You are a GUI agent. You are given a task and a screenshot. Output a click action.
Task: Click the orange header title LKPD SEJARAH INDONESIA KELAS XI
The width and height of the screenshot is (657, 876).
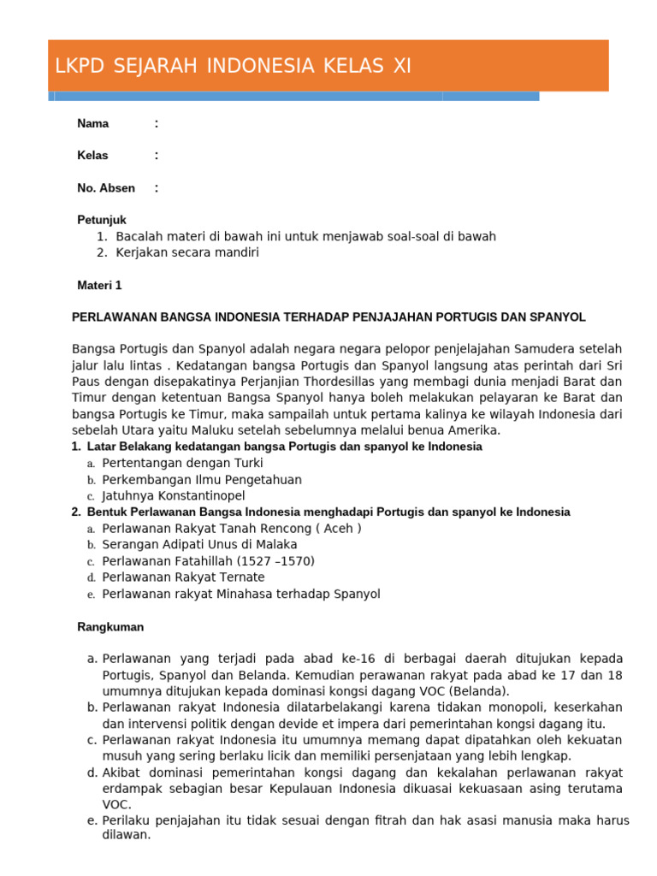pos(233,67)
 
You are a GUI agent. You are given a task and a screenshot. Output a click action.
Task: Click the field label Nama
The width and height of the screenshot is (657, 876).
pos(92,124)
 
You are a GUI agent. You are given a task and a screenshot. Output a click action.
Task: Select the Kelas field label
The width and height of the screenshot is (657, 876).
pos(93,156)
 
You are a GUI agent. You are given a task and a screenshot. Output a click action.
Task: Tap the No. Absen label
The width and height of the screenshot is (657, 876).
pos(106,188)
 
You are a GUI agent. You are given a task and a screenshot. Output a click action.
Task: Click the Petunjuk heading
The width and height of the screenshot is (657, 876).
pos(102,220)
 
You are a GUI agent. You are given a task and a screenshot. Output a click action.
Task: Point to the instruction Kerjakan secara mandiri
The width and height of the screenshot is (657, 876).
pos(186,252)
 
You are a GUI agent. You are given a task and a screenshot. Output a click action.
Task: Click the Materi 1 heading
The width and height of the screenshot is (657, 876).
pos(99,286)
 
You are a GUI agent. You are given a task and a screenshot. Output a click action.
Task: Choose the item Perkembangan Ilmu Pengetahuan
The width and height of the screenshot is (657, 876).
pos(201,479)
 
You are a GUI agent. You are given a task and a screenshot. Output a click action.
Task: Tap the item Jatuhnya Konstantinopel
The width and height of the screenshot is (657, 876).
pos(173,495)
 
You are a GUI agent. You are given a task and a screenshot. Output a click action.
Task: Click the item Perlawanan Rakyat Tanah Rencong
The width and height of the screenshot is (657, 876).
pos(231,528)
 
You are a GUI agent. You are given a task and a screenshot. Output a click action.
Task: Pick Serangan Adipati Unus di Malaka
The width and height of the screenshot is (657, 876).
pos(199,544)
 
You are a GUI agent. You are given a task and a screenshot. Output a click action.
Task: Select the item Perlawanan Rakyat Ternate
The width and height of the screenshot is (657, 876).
pos(183,577)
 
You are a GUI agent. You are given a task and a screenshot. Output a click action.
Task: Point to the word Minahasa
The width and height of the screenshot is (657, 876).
pos(252,594)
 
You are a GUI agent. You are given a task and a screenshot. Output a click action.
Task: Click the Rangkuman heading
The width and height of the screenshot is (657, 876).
pos(110,627)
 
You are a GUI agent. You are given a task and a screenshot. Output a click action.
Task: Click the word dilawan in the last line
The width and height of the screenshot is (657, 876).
pos(125,835)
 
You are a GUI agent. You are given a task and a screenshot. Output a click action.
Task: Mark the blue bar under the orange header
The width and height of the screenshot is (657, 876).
pos(295,97)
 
